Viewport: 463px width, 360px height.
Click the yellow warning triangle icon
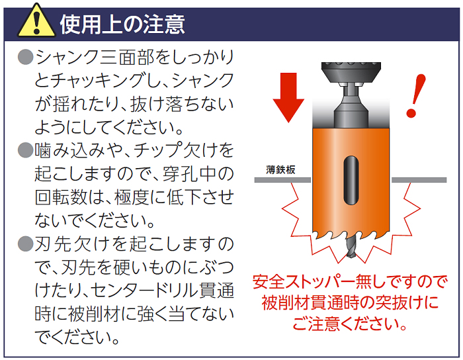point(36,21)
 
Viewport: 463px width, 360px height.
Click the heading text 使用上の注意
point(122,24)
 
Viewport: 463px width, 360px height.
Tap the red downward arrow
point(288,97)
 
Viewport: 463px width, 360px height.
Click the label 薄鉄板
point(280,170)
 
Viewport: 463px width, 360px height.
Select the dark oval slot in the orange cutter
point(351,180)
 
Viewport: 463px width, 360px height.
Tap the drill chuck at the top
point(351,72)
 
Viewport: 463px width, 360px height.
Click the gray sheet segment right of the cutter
point(419,180)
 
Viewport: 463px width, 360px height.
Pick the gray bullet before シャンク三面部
point(25,57)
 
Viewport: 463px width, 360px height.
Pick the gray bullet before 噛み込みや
point(25,150)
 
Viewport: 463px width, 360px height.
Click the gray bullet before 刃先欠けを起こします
point(25,244)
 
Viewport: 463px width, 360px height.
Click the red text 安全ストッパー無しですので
point(351,281)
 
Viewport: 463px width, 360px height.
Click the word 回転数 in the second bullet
point(61,197)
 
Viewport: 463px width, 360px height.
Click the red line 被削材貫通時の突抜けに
point(351,302)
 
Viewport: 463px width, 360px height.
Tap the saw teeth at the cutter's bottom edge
point(351,235)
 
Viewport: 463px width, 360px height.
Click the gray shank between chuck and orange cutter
point(351,107)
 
